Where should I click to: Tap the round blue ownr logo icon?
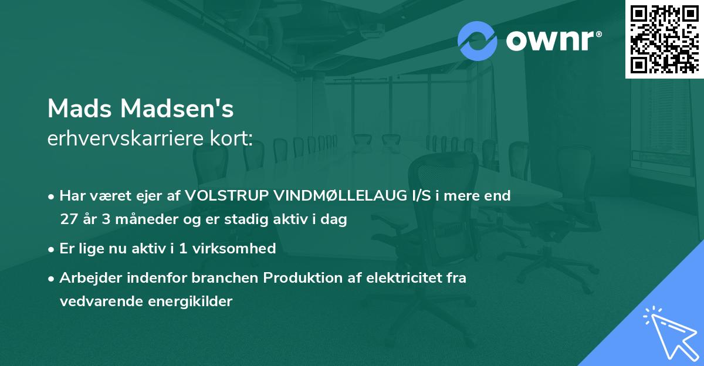coord(477,41)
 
